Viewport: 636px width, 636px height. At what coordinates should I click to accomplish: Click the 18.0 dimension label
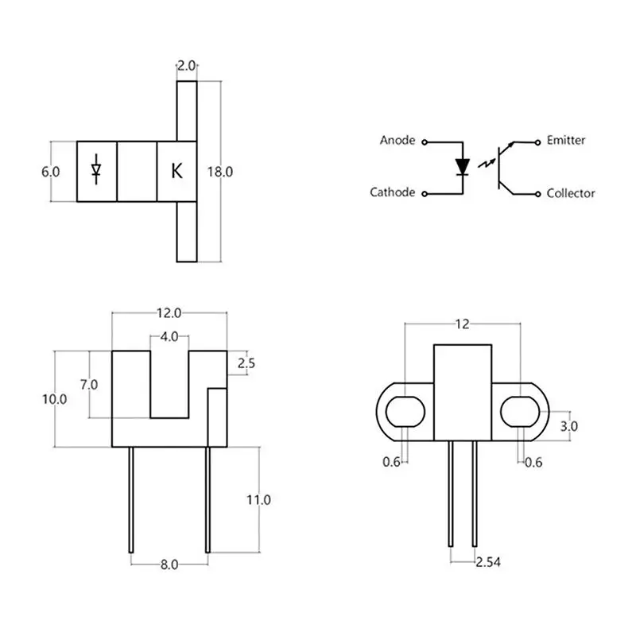coord(220,172)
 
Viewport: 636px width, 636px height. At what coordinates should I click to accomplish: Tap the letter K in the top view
coord(176,171)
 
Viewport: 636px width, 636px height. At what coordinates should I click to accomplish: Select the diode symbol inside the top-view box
coord(96,169)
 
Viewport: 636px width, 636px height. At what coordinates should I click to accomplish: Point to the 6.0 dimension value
coord(50,172)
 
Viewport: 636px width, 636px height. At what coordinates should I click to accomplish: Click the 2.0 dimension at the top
coord(187,66)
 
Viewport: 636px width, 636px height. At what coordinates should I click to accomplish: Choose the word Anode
coord(397,141)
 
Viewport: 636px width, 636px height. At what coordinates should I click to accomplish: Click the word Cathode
coord(392,192)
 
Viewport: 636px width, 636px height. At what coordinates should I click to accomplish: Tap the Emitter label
coord(566,141)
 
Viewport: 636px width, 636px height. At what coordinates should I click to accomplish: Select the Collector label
coord(571,193)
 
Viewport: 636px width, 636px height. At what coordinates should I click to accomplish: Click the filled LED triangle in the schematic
coord(463,166)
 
